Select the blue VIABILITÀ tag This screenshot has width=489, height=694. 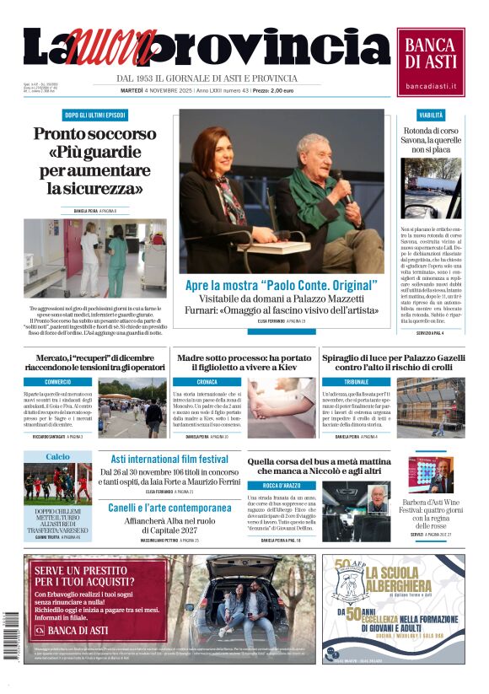pyautogui.click(x=431, y=115)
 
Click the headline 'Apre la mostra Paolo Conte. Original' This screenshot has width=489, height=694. pyautogui.click(x=281, y=286)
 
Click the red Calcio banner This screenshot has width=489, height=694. pyautogui.click(x=57, y=456)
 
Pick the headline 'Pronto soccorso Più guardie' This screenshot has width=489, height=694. pyautogui.click(x=94, y=160)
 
